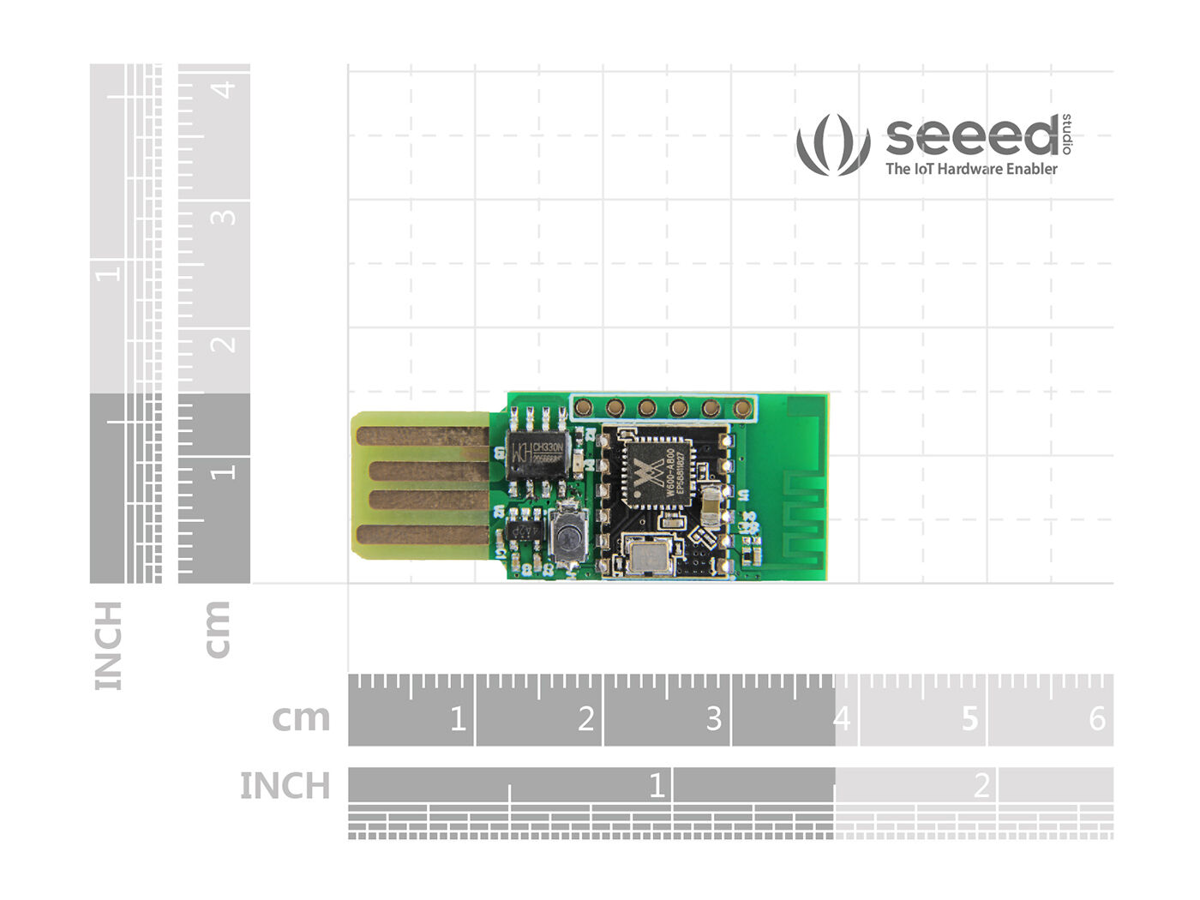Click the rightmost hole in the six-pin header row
coord(743,408)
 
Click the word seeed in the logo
coord(972,137)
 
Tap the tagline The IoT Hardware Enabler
coord(971,169)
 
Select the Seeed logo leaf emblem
coord(832,144)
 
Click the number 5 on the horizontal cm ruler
coord(969,718)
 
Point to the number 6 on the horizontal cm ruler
coord(1097,718)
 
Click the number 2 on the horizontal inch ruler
coord(981,785)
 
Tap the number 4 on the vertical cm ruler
coord(225,89)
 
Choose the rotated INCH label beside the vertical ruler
coord(109,645)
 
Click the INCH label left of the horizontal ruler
coord(285,786)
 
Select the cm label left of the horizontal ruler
coord(301,718)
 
